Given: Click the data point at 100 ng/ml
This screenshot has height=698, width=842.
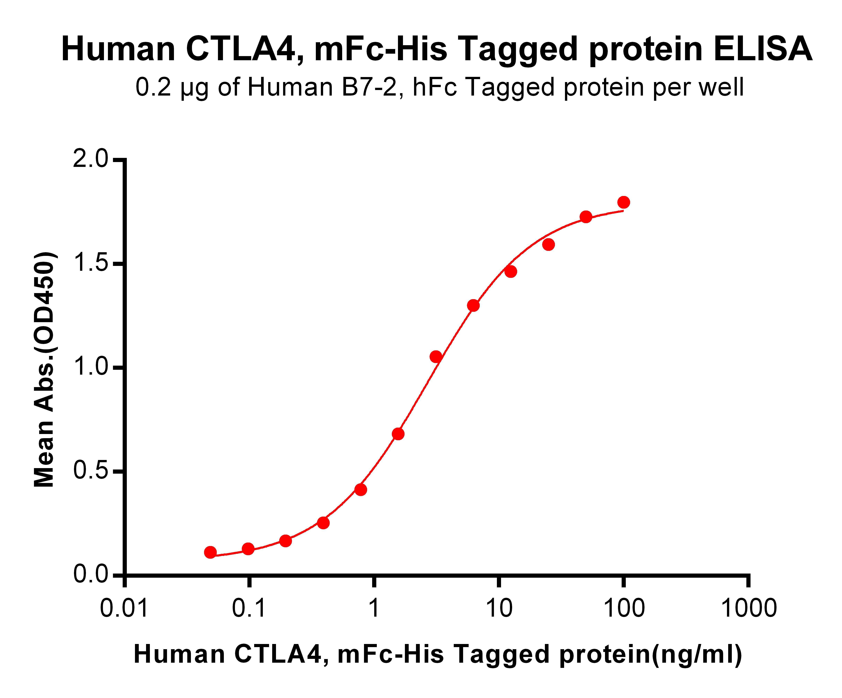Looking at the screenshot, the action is point(624,202).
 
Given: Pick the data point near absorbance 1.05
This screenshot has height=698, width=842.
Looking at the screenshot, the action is point(436,356).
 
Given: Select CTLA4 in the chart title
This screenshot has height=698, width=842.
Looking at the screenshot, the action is point(241,50).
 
